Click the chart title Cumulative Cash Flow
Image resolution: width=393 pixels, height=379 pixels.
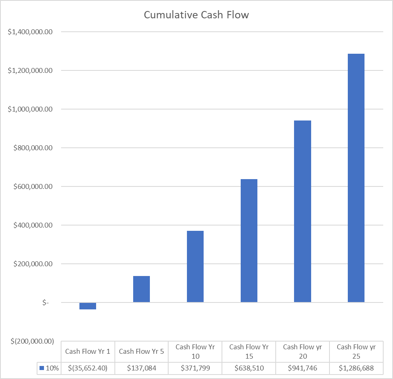tap(196, 15)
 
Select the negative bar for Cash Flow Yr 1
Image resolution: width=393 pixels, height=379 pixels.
tap(88, 306)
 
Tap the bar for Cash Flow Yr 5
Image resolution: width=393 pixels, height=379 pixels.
tap(141, 289)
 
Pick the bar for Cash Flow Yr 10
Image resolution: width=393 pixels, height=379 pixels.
tap(195, 266)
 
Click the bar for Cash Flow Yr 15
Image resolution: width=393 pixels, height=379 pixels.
tap(249, 241)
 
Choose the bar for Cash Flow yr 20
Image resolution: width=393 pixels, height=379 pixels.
tap(303, 211)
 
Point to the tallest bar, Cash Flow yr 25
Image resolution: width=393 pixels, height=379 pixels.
tap(356, 178)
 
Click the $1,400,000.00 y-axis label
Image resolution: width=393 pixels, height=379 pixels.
tap(31, 32)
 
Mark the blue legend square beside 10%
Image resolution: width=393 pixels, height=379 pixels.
tap(42, 368)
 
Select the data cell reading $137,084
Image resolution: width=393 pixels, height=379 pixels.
tap(141, 368)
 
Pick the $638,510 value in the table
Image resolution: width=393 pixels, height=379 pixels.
tap(249, 368)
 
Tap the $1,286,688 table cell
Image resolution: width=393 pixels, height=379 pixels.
tap(356, 368)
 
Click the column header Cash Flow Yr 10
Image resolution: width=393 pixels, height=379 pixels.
tap(195, 351)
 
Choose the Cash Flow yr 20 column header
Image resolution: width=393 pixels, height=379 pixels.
tap(303, 351)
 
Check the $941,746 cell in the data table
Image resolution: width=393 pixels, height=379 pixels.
tap(303, 368)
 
